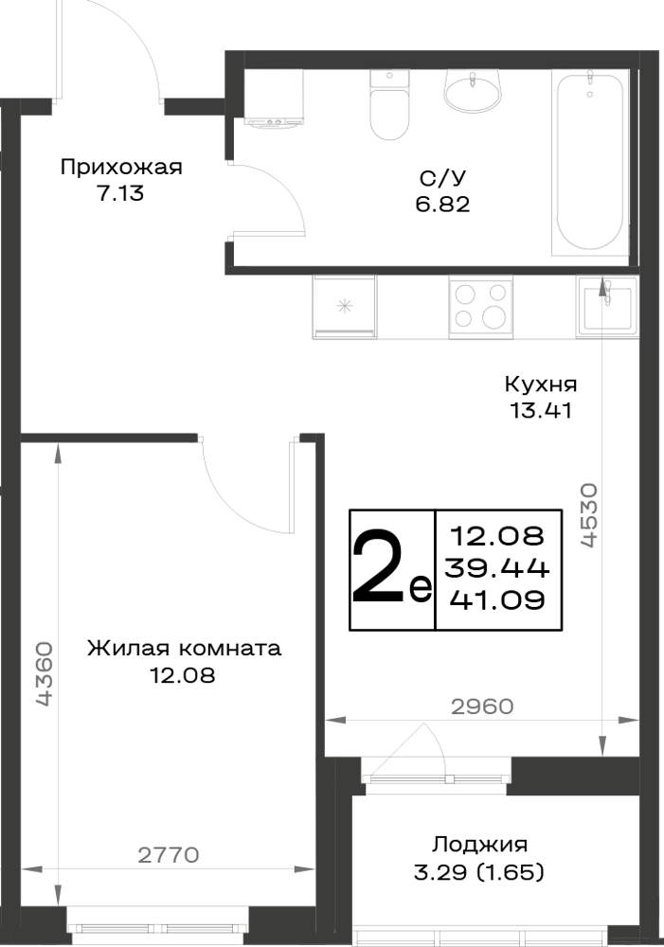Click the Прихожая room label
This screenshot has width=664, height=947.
click(x=121, y=168)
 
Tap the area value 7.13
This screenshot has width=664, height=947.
click(x=120, y=194)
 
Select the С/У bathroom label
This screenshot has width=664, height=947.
click(x=443, y=178)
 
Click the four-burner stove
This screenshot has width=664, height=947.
click(x=480, y=307)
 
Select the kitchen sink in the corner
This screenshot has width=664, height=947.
click(x=606, y=306)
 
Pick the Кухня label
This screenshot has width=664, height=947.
click(x=541, y=384)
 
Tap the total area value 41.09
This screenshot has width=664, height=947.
click(x=498, y=599)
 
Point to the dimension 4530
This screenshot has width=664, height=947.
click(x=588, y=514)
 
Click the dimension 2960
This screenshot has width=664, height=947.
click(x=482, y=706)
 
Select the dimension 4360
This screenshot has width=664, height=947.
click(x=45, y=674)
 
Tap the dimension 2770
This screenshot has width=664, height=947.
click(x=168, y=855)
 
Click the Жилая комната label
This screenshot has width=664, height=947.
click(x=185, y=649)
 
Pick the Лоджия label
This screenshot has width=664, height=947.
click(x=479, y=845)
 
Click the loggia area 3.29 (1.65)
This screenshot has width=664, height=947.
click(x=478, y=872)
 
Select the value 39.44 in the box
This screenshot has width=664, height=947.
click(x=496, y=567)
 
